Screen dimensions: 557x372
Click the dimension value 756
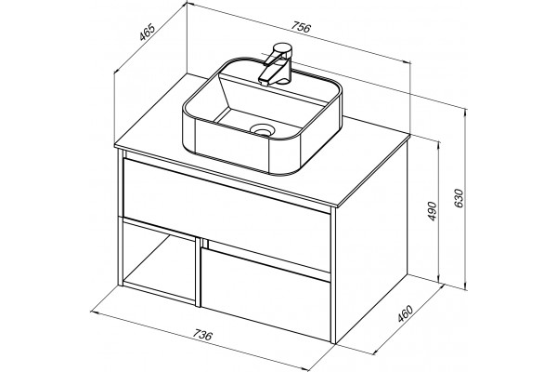pyautogui.click(x=301, y=27)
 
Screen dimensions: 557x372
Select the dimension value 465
pyautogui.click(x=147, y=32)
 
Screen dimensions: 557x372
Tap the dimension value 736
pyautogui.click(x=202, y=335)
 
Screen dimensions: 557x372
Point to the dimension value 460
pyautogui.click(x=406, y=313)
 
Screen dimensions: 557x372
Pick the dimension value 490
pyautogui.click(x=432, y=211)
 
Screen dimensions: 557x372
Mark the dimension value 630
pyautogui.click(x=459, y=199)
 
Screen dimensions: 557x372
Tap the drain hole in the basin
pyautogui.click(x=262, y=129)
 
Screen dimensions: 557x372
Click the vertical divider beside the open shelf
pyautogui.click(x=198, y=272)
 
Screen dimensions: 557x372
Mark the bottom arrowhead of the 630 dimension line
pyautogui.click(x=466, y=286)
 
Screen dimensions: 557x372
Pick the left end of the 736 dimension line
pyautogui.click(x=91, y=312)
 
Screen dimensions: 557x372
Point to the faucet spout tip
pyautogui.click(x=265, y=82)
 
